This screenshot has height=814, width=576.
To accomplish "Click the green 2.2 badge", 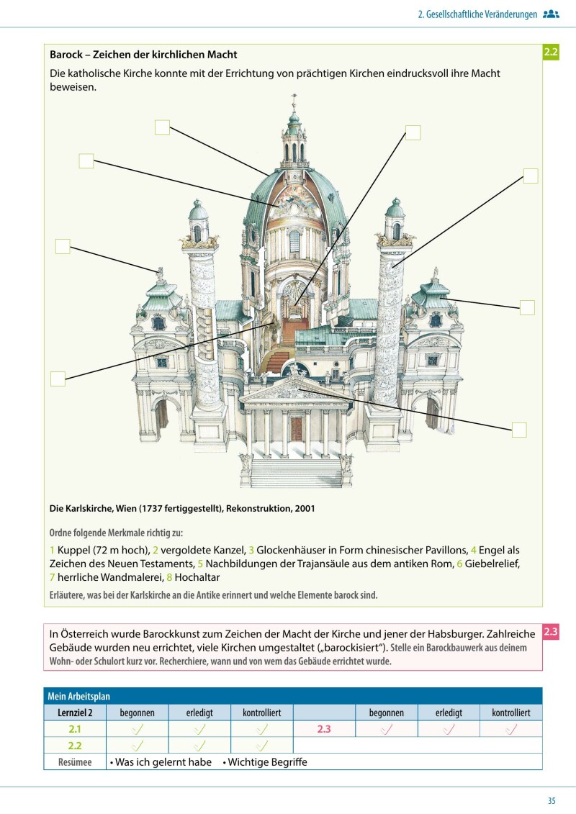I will tap(551, 52).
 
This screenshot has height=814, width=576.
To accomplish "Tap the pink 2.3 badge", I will tap(551, 633).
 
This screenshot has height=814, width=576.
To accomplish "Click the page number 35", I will tap(552, 801).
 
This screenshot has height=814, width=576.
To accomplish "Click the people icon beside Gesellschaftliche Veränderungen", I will tap(551, 14).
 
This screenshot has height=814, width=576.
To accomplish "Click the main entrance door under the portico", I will tap(296, 430).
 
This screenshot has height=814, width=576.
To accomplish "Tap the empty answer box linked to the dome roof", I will tap(162, 127).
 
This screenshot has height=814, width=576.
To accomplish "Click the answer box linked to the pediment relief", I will tap(519, 430).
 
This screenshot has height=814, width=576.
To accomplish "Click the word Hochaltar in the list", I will tap(197, 577).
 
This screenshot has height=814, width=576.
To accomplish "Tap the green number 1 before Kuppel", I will tap(52, 550).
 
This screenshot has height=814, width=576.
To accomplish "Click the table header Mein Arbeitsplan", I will tap(79, 696).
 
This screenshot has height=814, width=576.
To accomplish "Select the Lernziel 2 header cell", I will tap(75, 713).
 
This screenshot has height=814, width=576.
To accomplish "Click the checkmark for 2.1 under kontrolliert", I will tap(262, 729).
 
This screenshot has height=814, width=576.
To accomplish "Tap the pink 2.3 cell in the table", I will tap(324, 729).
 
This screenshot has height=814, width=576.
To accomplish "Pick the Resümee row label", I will tap(75, 762).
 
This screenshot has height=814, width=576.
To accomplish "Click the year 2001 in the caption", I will tap(304, 508).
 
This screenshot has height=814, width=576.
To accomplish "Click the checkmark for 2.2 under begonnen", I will tap(138, 746).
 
